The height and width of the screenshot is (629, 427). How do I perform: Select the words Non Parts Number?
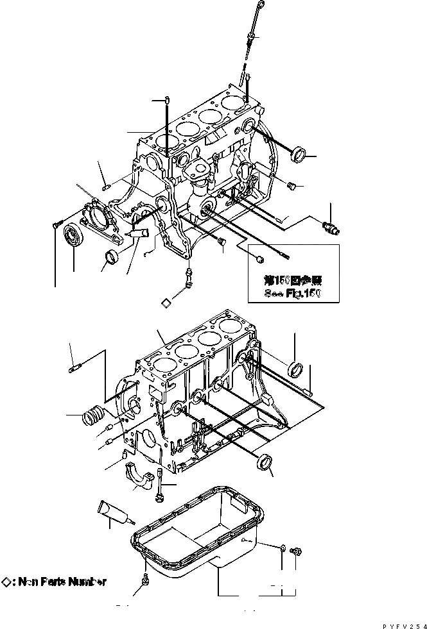[x=62, y=582]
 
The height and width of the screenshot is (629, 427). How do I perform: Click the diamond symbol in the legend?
[x=6, y=582]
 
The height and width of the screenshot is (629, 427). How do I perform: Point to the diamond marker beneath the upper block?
[x=166, y=302]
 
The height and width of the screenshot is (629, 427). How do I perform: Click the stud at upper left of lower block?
[x=73, y=369]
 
